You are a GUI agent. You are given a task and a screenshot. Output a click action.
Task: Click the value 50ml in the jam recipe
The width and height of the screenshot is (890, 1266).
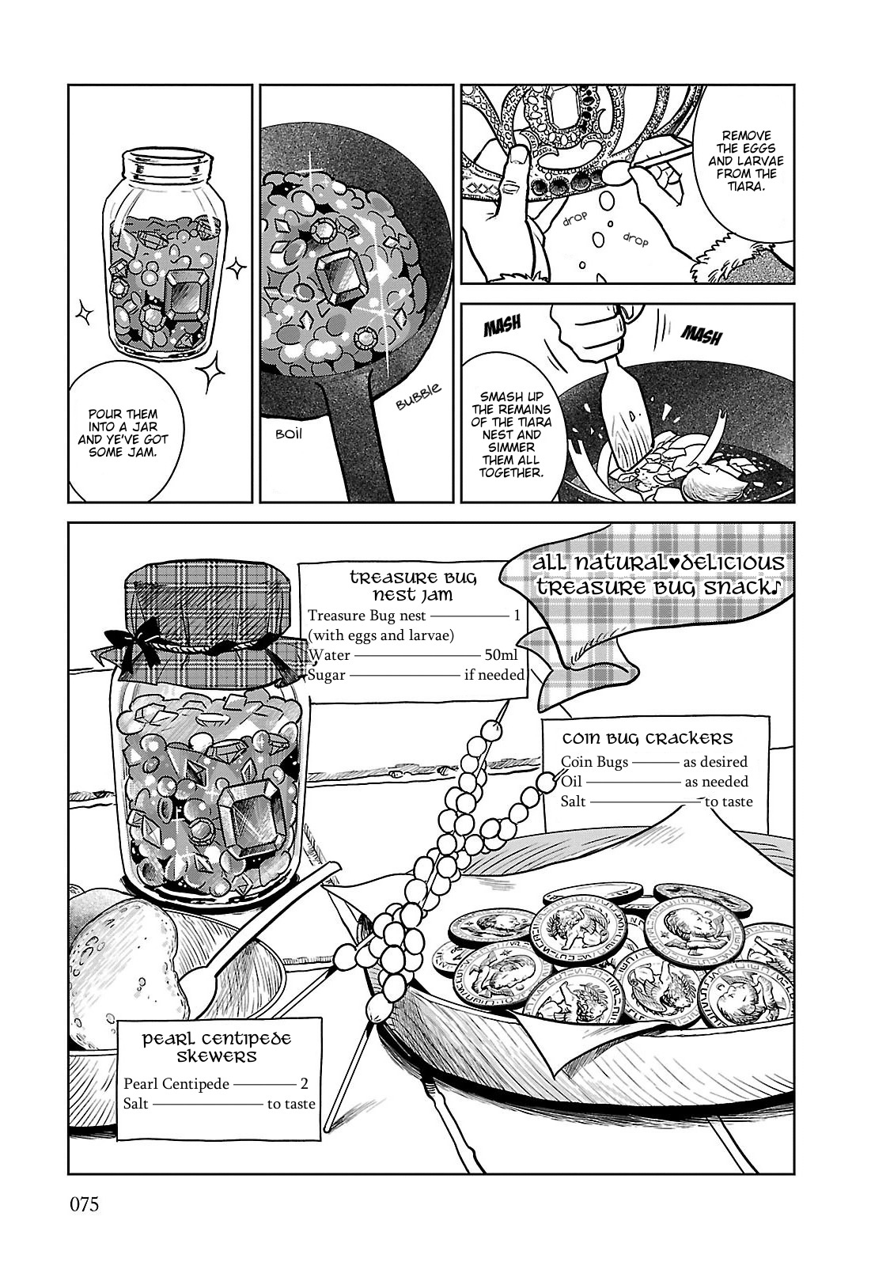pos(501,655)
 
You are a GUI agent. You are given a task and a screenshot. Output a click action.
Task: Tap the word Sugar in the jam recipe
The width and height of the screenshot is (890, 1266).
pos(327,676)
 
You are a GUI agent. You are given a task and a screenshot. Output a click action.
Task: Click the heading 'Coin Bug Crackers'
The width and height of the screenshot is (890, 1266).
pos(647,739)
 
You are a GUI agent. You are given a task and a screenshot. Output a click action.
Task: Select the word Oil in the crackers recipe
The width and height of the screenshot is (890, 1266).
pos(570,782)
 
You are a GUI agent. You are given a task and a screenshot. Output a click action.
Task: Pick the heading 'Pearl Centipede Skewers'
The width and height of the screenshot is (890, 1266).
pos(217,1048)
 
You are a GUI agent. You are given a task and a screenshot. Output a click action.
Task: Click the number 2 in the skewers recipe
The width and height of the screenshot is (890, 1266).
pos(304,1084)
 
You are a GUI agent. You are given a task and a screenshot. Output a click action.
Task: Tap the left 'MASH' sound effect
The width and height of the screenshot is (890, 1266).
pos(502,327)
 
